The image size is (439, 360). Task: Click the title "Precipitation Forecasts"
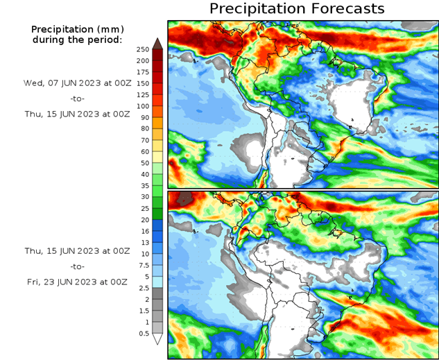[297, 9]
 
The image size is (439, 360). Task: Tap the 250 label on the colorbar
[143, 49]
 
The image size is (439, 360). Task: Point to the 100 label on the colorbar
[143, 106]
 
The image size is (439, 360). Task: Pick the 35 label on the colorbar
[143, 186]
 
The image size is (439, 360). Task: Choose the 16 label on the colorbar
[143, 231]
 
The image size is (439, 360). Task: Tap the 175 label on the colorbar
[143, 72]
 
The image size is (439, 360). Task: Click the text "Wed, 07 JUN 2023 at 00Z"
[76, 83]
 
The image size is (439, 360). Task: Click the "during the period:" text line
[77, 40]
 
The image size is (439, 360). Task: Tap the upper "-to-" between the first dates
[76, 98]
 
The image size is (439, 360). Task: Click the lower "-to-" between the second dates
[76, 266]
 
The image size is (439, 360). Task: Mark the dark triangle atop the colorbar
[157, 43]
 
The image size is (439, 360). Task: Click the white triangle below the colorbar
[157, 339]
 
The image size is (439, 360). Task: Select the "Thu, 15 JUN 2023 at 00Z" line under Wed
[76, 113]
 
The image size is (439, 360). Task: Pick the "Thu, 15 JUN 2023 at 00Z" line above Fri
[76, 250]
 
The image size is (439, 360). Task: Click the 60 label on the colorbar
[143, 151]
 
